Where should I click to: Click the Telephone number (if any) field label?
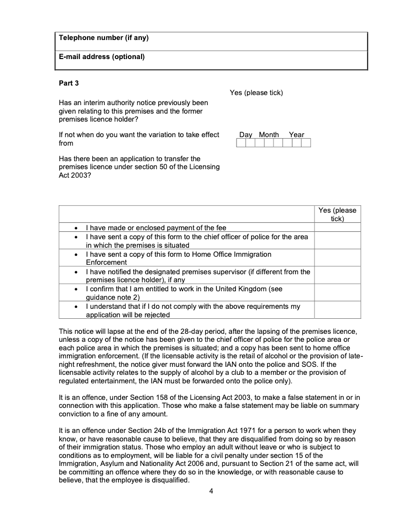[103, 38]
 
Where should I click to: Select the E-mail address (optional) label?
[101, 57]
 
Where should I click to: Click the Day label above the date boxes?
[245, 135]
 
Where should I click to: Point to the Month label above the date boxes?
[269, 135]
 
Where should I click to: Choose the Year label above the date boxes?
[296, 135]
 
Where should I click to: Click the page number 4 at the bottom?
[211, 490]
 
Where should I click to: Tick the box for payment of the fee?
[337, 227]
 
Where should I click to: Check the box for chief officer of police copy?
[337, 241]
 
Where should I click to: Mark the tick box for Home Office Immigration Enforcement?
[337, 258]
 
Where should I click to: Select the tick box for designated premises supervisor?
[337, 275]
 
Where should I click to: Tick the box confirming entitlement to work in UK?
[337, 292]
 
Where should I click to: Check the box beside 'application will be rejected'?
[337, 310]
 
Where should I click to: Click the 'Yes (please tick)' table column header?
[337, 214]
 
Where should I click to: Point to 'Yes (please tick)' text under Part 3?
[256, 93]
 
